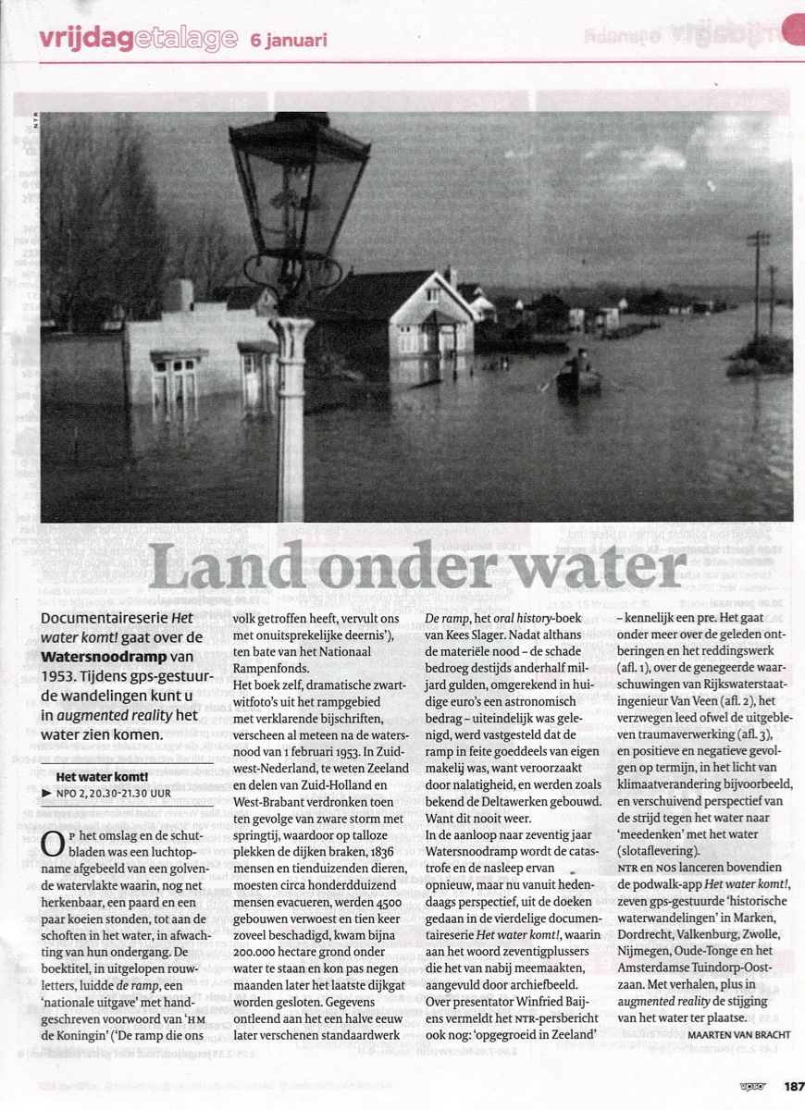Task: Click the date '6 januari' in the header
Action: coord(288,40)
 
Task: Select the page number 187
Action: coord(792,1087)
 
